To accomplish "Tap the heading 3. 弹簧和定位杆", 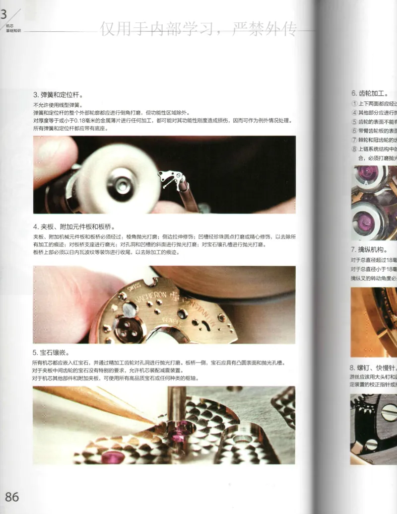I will point(58,94).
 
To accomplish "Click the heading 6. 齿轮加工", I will point(370,93).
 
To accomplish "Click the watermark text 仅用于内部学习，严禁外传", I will point(198,30).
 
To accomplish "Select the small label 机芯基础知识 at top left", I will point(13,28).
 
